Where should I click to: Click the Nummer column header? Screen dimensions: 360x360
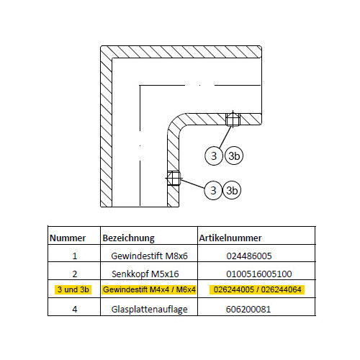68,238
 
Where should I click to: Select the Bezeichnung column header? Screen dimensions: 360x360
128,238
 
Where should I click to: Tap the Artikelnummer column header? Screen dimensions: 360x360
230,238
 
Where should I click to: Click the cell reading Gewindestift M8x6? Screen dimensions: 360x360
149,256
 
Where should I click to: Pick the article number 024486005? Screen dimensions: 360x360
249,256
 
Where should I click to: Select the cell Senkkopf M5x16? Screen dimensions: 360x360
145,274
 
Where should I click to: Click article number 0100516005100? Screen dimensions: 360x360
259,274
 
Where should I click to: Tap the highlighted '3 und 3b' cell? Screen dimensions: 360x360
73,289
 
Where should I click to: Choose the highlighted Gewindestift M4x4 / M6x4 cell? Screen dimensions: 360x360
149,289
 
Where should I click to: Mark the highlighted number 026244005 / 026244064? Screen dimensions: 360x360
257,289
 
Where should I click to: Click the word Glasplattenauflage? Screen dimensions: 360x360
149,310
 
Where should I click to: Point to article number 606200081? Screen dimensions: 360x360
248,309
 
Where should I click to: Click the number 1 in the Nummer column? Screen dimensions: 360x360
75,256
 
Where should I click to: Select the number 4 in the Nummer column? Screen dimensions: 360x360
75,309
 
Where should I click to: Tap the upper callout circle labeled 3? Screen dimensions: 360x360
214,156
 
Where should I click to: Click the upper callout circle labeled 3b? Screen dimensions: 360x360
234,156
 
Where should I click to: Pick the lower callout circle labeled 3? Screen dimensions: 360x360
213,191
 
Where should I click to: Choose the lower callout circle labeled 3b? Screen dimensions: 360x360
232,191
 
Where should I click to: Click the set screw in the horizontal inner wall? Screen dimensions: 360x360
233,120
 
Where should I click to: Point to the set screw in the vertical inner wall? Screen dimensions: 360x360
174,178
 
